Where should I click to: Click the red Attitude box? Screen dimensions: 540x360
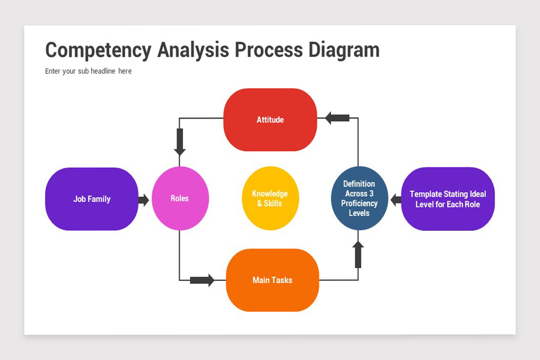point(270,120)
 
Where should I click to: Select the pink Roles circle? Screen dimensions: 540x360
point(180,198)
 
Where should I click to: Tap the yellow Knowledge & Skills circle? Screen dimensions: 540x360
point(270,198)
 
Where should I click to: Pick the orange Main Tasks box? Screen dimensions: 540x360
point(272,280)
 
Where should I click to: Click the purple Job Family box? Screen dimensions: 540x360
point(92,199)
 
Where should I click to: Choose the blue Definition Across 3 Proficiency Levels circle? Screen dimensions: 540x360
point(360,198)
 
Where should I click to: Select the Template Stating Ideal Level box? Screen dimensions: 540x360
point(448,199)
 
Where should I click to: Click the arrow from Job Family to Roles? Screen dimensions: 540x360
point(144,200)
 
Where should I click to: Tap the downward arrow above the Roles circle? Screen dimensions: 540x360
point(180,142)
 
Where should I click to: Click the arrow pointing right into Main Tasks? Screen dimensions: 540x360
point(202,280)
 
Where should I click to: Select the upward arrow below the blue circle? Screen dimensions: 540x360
point(358,254)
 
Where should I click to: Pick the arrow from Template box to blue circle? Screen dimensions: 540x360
point(396,200)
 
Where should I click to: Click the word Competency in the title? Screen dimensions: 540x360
point(99,51)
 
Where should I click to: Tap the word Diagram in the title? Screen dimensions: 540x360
point(344,51)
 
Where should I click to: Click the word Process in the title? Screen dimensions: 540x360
point(269,50)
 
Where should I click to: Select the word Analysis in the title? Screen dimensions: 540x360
point(193,51)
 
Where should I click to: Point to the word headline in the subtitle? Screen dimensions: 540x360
point(103,71)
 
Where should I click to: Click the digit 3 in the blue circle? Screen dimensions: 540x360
point(371,193)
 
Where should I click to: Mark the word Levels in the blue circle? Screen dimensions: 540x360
point(359,213)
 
